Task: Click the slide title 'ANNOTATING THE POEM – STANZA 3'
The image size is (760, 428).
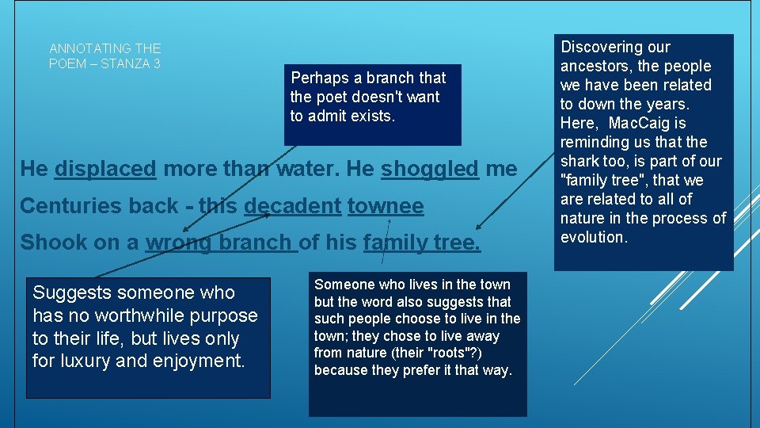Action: click(104, 56)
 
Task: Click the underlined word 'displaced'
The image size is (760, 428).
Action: click(105, 169)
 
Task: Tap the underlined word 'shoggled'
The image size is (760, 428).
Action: click(430, 169)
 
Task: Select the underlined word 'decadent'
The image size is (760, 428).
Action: click(292, 206)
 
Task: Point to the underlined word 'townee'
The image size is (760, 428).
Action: click(386, 206)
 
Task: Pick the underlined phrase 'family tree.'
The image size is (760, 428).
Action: click(421, 243)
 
